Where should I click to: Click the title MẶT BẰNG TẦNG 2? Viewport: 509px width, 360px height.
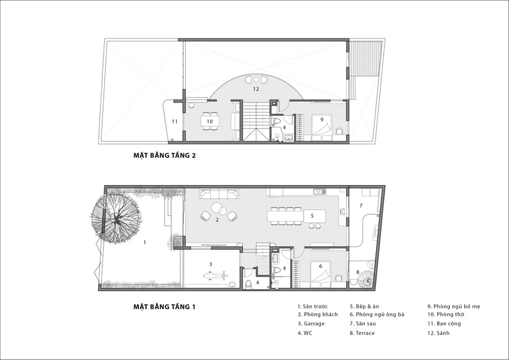[165, 155]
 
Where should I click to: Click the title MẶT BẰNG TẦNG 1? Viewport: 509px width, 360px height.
[164, 307]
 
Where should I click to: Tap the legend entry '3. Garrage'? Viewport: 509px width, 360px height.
[311, 323]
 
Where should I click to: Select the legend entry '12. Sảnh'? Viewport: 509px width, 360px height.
[438, 333]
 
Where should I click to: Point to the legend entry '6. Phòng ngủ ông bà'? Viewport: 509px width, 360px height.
[377, 314]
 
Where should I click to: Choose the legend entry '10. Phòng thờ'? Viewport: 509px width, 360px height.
[446, 314]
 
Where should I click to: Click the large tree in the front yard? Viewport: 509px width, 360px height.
[116, 218]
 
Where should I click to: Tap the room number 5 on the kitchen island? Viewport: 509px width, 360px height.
[312, 216]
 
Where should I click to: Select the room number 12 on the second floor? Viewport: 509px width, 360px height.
[256, 89]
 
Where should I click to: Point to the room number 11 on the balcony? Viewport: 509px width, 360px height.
[175, 122]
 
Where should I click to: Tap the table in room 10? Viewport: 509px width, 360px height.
[210, 122]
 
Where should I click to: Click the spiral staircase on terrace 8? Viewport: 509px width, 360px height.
[367, 281]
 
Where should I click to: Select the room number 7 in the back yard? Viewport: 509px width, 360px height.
[360, 205]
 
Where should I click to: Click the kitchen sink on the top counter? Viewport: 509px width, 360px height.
[319, 192]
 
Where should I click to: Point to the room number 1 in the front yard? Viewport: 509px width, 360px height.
[145, 242]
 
